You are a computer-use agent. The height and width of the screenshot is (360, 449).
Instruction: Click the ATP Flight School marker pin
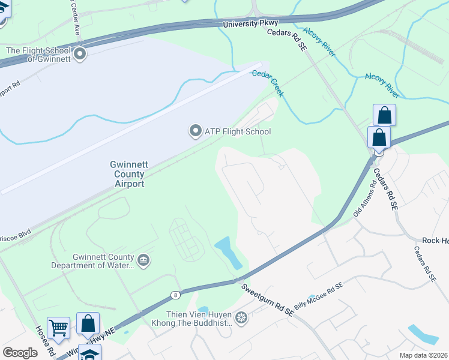[195, 131]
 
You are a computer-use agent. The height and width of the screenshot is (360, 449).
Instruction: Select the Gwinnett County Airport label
[127, 174]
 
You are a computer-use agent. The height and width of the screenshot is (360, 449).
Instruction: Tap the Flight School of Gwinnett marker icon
[80, 55]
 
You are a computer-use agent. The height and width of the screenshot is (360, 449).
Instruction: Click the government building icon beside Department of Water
[143, 260]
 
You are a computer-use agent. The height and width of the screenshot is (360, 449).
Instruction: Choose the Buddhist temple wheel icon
[241, 317]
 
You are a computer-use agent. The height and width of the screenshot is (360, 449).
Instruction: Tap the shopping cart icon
[58, 328]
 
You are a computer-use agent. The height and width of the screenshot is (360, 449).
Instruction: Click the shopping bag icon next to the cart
[88, 323]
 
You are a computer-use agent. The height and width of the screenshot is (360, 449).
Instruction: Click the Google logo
[20, 353]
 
